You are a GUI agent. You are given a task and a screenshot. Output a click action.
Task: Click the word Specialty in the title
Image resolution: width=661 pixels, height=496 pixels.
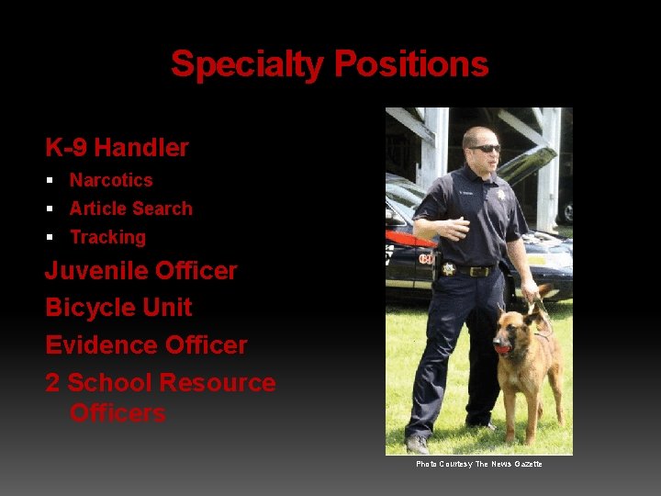tap(248, 65)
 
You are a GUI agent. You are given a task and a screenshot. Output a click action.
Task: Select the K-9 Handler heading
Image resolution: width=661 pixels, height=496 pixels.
tap(117, 147)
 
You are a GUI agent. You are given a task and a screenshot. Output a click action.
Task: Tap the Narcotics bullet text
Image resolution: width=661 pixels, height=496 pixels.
tap(111, 180)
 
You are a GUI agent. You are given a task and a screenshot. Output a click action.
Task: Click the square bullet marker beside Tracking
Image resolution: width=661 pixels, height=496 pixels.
tap(52, 237)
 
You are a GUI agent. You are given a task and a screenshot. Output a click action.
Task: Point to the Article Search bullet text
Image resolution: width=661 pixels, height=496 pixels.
tap(131, 209)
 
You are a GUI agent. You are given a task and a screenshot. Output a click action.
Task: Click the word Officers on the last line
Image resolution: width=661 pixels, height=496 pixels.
tap(118, 412)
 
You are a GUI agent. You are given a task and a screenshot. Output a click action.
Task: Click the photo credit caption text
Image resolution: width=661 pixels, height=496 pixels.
tap(479, 464)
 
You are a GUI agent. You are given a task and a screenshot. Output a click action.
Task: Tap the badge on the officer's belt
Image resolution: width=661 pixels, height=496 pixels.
tap(449, 269)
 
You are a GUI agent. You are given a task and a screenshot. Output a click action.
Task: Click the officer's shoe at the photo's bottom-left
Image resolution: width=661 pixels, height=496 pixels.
tap(418, 444)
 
